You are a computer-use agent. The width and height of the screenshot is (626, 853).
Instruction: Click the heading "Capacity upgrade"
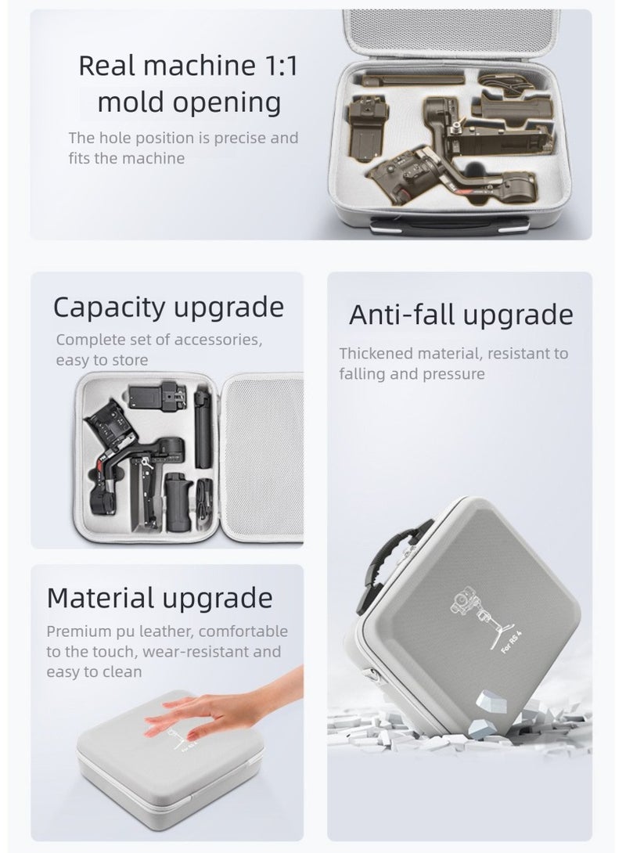click(168, 308)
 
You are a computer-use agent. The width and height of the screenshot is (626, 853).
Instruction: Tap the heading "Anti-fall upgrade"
click(461, 315)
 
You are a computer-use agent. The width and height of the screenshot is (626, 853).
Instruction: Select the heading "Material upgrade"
click(160, 599)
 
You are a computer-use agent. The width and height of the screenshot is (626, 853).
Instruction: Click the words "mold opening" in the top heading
click(189, 102)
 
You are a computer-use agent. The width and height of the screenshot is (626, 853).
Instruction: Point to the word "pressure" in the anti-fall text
click(454, 374)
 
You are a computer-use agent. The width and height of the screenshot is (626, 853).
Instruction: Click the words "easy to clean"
click(95, 672)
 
